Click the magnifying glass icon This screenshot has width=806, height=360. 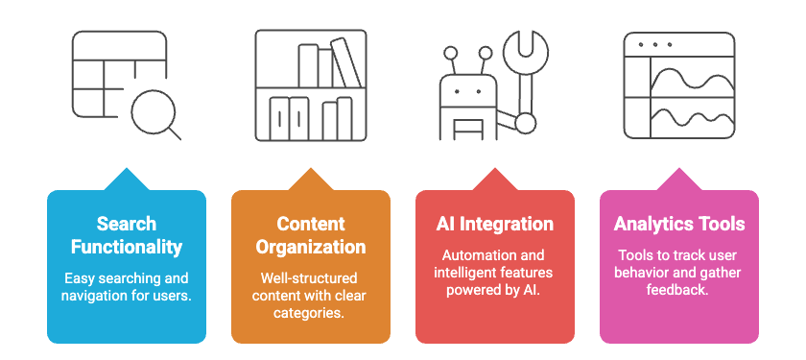pos(154,114)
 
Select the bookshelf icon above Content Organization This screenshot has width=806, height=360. pos(311,85)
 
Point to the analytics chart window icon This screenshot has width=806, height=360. pos(678,85)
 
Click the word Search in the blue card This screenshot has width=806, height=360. pos(127,224)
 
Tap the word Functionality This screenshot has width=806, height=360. pos(127,247)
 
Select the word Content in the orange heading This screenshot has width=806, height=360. pos(311,224)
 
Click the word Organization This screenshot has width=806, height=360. pos(311,247)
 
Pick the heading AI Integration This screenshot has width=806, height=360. pos(495,224)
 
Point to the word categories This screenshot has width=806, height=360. pos(311,313)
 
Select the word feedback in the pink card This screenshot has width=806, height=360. pos(678,290)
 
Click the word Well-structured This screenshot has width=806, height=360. pos(311,278)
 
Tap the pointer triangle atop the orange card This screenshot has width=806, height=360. pos(311,179)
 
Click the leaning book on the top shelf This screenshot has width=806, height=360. pos(344,62)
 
